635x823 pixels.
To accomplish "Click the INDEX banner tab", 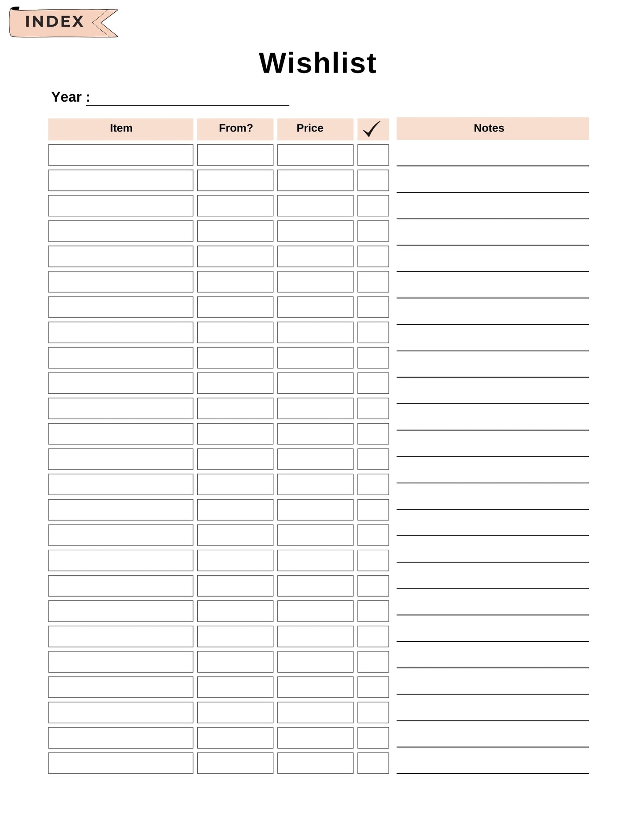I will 54,22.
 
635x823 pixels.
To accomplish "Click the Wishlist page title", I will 317,63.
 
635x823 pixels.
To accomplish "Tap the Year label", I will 67,97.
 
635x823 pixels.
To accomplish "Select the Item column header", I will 121,128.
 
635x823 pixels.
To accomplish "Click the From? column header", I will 236,128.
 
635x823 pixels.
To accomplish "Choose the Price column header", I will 310,128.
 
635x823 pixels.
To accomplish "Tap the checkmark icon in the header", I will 372,129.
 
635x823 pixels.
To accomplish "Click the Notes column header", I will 489,128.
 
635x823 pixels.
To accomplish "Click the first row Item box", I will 121,155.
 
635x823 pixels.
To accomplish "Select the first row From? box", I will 235,155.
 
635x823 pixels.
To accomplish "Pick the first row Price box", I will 315,155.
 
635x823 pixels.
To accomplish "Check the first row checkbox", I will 373,155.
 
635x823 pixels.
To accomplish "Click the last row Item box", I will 121,763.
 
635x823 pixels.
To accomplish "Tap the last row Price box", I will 315,763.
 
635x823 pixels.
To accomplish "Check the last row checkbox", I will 373,763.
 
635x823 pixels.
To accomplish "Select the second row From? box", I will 235,180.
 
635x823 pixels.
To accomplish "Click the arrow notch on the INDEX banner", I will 104,22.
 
